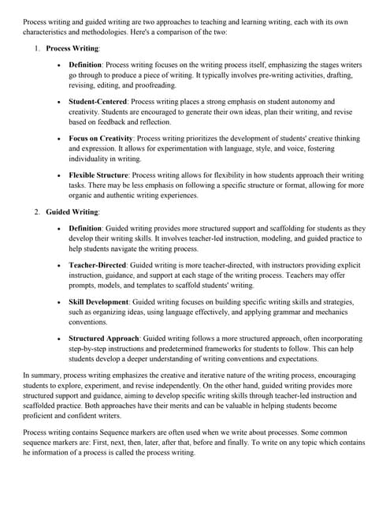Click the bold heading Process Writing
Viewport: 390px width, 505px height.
(x=72, y=48)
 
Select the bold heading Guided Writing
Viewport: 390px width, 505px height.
(x=72, y=212)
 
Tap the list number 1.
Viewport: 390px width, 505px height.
(x=36, y=48)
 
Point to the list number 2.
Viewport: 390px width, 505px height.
(x=36, y=212)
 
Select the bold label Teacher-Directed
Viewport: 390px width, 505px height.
(x=99, y=266)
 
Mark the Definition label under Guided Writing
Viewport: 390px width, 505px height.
(x=85, y=228)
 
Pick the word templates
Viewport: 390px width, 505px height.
(x=158, y=286)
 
